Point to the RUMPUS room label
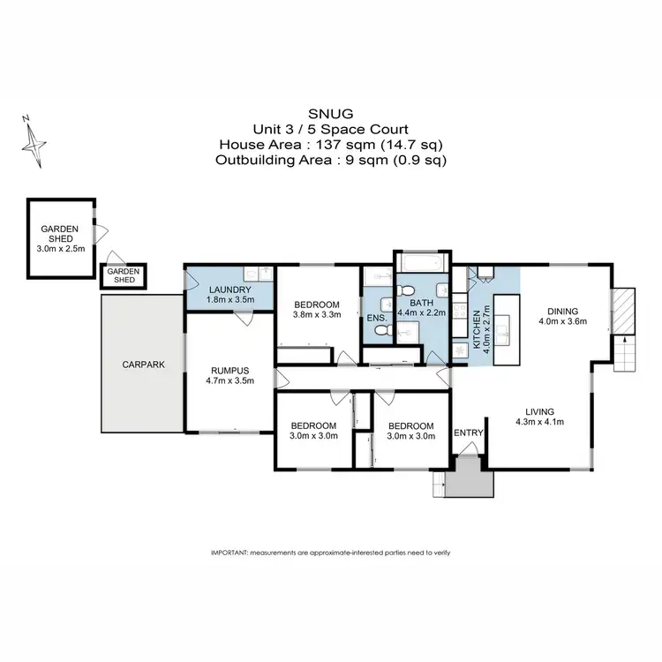(228, 370)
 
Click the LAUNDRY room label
(229, 289)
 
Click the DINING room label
(561, 311)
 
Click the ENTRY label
(468, 432)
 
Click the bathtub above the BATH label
(420, 262)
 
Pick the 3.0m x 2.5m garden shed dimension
(60, 250)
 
